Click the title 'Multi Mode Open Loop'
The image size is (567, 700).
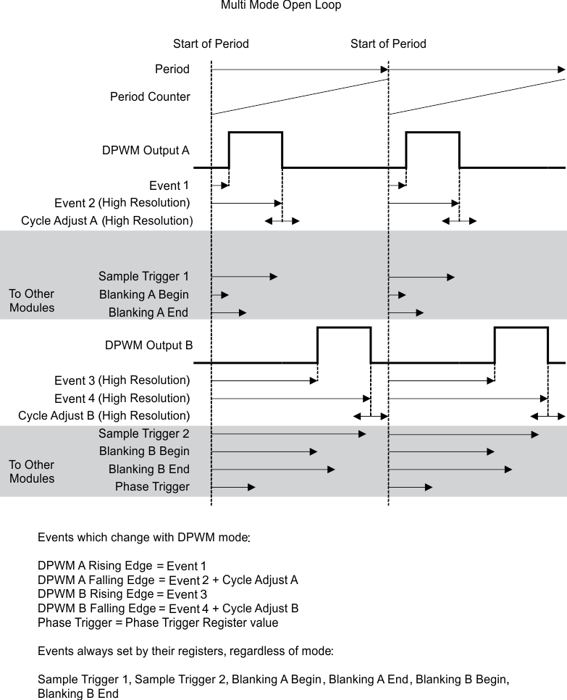[x=281, y=6]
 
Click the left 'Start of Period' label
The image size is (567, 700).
[x=211, y=44]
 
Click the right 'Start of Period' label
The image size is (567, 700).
[x=388, y=44]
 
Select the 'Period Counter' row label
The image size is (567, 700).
[x=150, y=96]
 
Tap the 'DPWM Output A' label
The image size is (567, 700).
[x=146, y=151]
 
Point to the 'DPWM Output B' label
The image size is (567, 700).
[x=148, y=344]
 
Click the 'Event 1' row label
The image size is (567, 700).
[x=169, y=186]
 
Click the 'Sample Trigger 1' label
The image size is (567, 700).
[x=143, y=277]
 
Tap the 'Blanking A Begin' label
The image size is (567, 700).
[x=144, y=294]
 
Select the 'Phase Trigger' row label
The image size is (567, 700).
[x=152, y=487]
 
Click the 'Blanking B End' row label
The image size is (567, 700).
[x=148, y=469]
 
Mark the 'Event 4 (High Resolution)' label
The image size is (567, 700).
[x=122, y=399]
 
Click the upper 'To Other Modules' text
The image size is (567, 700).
[x=32, y=301]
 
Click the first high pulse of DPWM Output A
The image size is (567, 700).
[x=255, y=133]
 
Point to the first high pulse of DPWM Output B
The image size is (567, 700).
[x=344, y=328]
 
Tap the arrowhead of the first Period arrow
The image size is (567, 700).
[x=384, y=70]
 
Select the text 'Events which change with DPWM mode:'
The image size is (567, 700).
[x=144, y=538]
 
